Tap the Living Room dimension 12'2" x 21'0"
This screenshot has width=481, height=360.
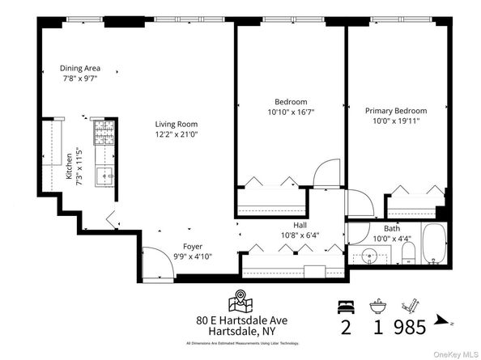point(177,136)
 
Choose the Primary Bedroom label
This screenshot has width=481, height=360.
point(395,110)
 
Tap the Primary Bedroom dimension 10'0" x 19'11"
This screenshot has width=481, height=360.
point(395,121)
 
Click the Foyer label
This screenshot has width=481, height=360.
point(193,246)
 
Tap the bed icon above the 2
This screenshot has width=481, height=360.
point(345,307)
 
